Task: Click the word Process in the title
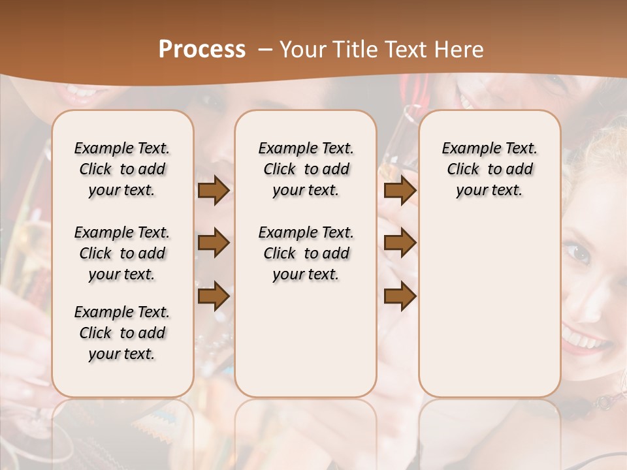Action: (202, 50)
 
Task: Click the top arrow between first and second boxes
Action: (214, 191)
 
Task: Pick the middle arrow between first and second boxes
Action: (214, 243)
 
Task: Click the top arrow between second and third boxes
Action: (400, 191)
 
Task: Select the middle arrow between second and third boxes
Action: (400, 243)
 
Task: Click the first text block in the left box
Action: (122, 169)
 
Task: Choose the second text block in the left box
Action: (122, 253)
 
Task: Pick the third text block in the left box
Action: (122, 333)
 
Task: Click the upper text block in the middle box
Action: (306, 169)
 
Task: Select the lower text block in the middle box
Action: (306, 253)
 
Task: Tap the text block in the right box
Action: (489, 169)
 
